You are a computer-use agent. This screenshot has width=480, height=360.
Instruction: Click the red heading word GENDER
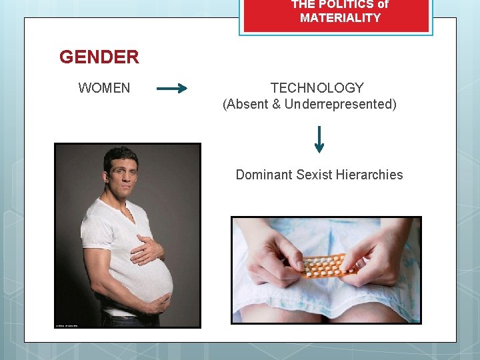pyautogui.click(x=99, y=57)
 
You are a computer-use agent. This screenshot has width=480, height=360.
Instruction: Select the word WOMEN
pyautogui.click(x=104, y=88)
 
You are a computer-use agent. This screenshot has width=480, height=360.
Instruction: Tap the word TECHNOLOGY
pyautogui.click(x=317, y=88)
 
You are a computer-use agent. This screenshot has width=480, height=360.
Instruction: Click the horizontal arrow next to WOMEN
pyautogui.click(x=171, y=88)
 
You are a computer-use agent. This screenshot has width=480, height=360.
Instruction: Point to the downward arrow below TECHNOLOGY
pyautogui.click(x=319, y=139)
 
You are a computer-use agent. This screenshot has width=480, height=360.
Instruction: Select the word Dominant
pyautogui.click(x=264, y=175)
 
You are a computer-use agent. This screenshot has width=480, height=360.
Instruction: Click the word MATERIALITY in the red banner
pyautogui.click(x=340, y=18)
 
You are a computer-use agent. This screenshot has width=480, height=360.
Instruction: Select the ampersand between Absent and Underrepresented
pyautogui.click(x=277, y=104)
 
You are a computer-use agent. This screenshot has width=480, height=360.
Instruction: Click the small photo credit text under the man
pyautogui.click(x=67, y=325)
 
